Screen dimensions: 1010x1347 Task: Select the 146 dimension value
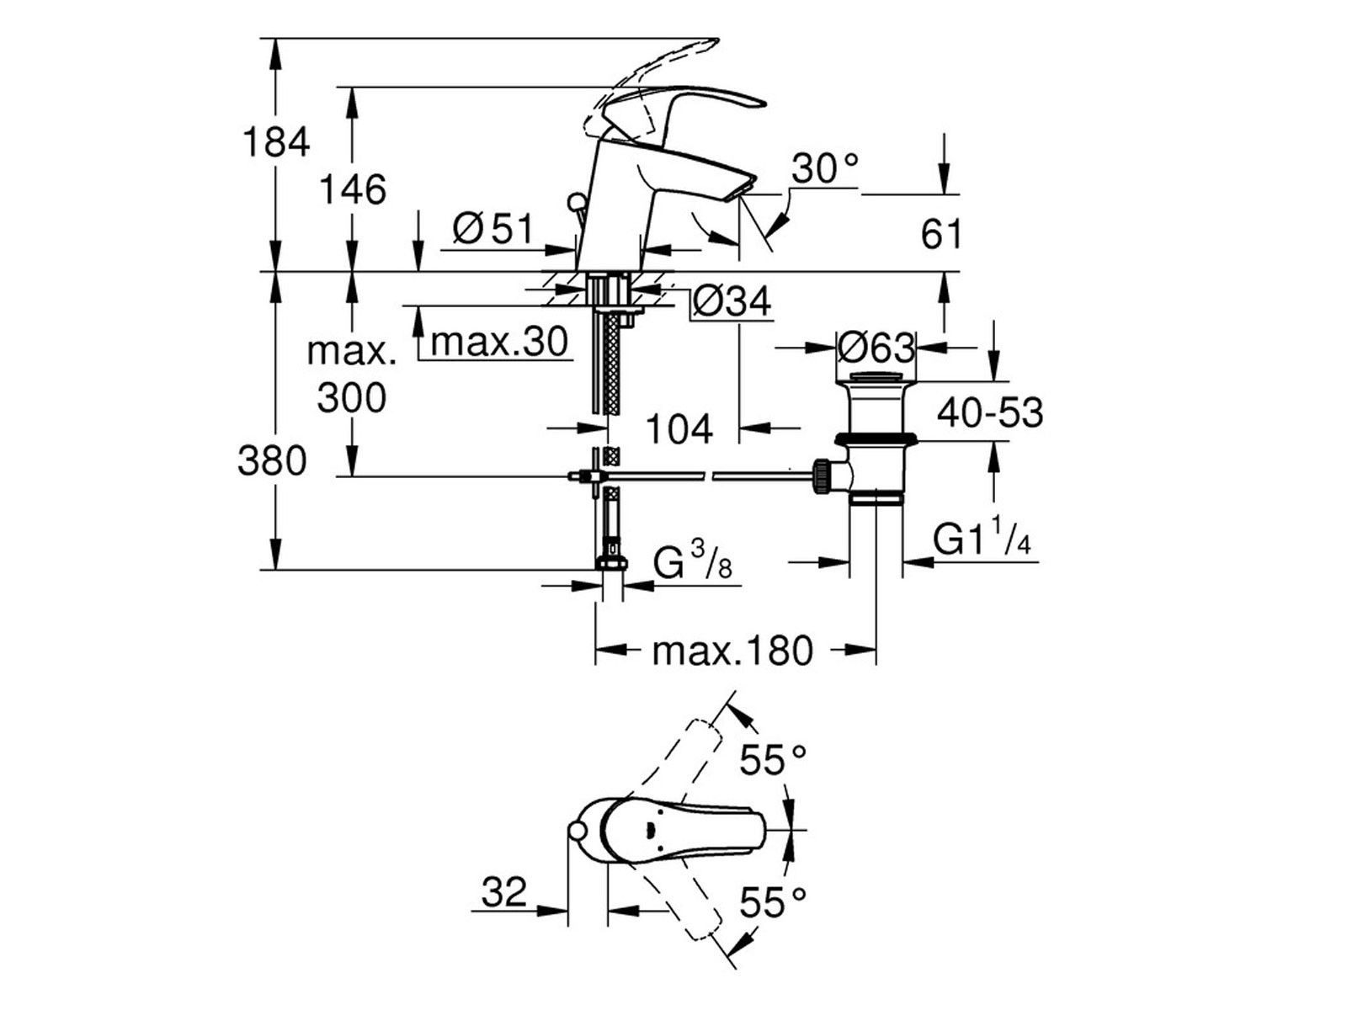click(x=353, y=189)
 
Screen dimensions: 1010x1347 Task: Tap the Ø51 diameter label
click(x=492, y=229)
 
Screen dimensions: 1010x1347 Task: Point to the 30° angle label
click(x=826, y=169)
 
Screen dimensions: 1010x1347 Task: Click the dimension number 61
click(x=941, y=234)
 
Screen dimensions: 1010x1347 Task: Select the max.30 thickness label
click(x=499, y=342)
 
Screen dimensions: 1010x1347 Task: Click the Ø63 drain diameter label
click(x=876, y=346)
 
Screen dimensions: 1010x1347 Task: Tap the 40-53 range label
click(x=990, y=412)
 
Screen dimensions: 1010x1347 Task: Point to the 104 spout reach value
click(x=679, y=428)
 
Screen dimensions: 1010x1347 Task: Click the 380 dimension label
click(x=272, y=461)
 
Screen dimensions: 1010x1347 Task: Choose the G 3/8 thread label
click(x=693, y=564)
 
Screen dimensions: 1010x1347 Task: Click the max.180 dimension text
click(x=732, y=650)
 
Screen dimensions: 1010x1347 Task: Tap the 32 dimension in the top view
click(x=504, y=892)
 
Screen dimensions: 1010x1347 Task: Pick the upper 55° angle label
click(x=773, y=760)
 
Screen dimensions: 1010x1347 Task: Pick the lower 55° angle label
click(x=773, y=904)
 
